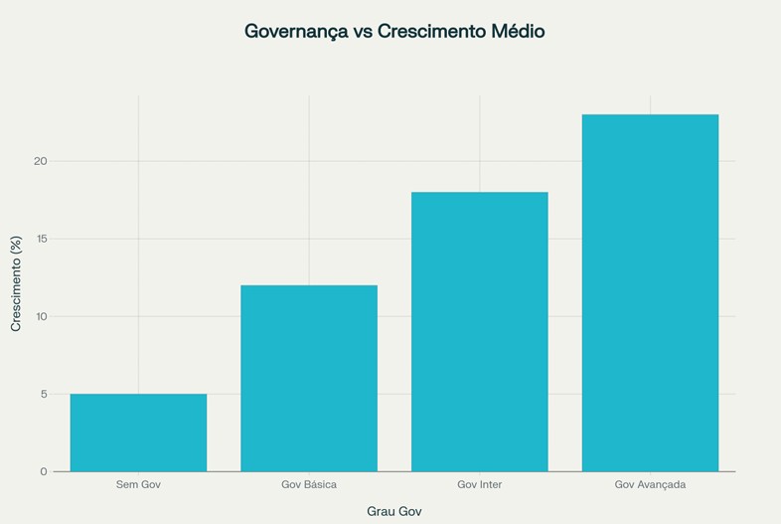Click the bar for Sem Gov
click(138, 433)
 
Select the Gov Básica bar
click(309, 378)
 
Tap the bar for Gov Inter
click(480, 331)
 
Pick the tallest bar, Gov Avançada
click(650, 292)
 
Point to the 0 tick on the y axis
click(43, 471)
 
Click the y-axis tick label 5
click(43, 394)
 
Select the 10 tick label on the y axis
click(41, 316)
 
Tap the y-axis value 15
click(41, 239)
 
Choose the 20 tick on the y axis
click(41, 161)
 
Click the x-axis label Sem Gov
click(138, 485)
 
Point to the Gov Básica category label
click(309, 485)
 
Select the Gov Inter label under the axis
click(480, 485)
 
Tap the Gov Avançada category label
click(650, 485)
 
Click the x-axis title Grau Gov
click(394, 511)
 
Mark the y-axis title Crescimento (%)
click(16, 283)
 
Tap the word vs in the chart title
click(362, 32)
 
